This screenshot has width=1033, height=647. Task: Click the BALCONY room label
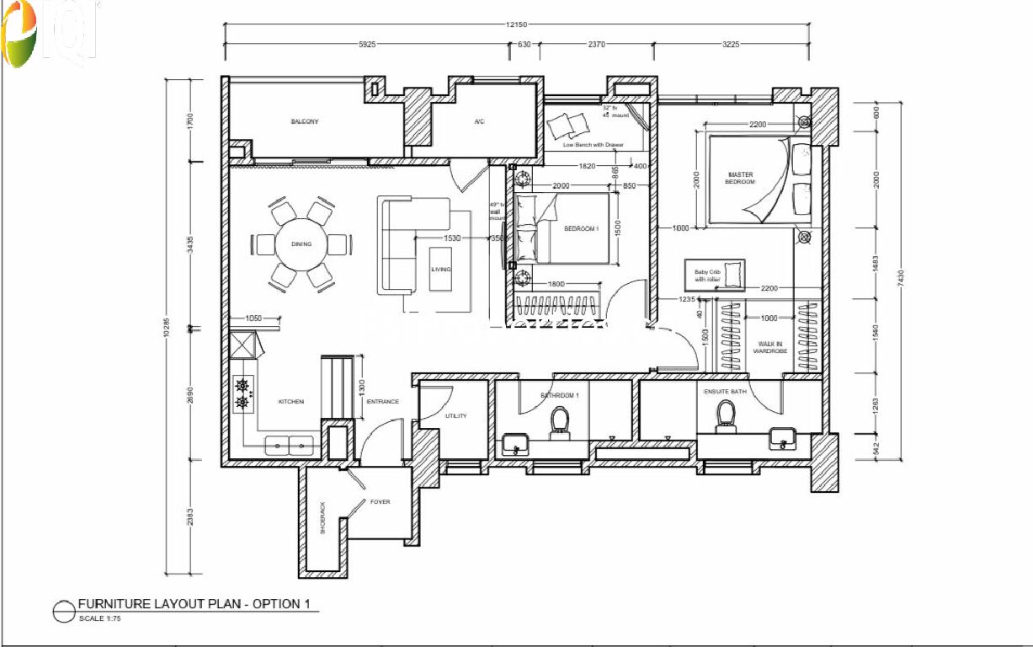pos(305,122)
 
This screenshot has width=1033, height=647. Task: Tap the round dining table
pos(301,244)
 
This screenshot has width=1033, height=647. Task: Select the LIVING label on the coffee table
pos(440,269)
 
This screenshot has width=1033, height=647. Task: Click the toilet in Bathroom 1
pos(560,420)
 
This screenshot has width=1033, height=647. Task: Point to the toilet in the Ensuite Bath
pos(725,415)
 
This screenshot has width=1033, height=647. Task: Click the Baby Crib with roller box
pos(714,275)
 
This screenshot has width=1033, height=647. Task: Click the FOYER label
pos(381,502)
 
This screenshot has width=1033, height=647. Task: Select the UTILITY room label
pos(456,416)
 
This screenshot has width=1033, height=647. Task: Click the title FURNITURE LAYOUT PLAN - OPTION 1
pos(198,604)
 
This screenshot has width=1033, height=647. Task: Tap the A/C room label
pos(479,122)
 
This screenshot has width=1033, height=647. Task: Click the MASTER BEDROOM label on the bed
pos(741,178)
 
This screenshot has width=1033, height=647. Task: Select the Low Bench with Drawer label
pos(594,145)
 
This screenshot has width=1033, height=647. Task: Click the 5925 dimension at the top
pos(366,45)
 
